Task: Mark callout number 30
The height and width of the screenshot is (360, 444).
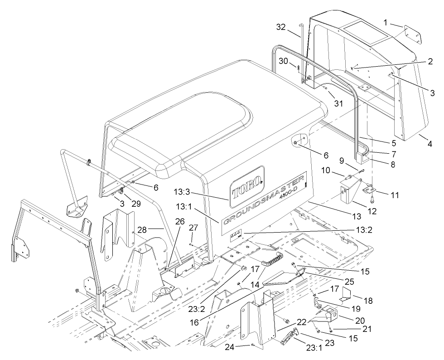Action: (x=295, y=61)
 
